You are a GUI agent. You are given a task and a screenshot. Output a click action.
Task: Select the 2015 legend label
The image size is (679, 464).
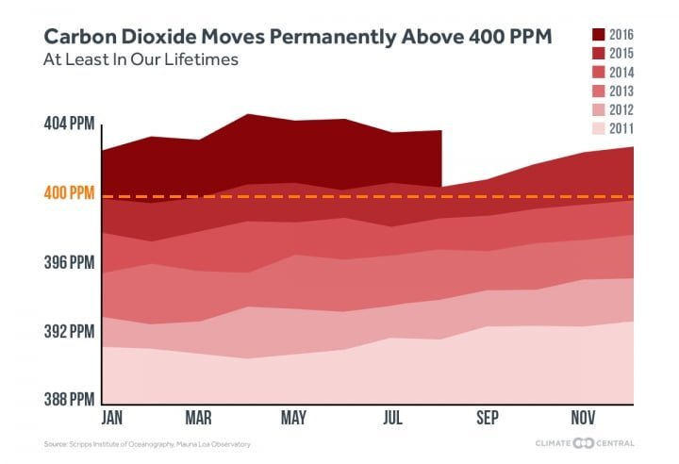pyautogui.click(x=621, y=54)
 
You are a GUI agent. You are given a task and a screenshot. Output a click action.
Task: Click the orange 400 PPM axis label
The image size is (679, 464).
pyautogui.click(x=68, y=192)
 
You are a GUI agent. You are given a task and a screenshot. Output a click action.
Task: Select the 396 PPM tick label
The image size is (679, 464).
pyautogui.click(x=68, y=261)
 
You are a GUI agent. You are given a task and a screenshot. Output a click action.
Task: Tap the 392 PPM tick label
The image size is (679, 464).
pyautogui.click(x=68, y=331)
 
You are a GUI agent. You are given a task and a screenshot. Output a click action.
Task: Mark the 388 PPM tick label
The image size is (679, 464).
pyautogui.click(x=68, y=399)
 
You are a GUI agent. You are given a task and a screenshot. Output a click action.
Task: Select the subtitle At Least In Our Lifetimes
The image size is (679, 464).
pyautogui.click(x=127, y=58)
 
